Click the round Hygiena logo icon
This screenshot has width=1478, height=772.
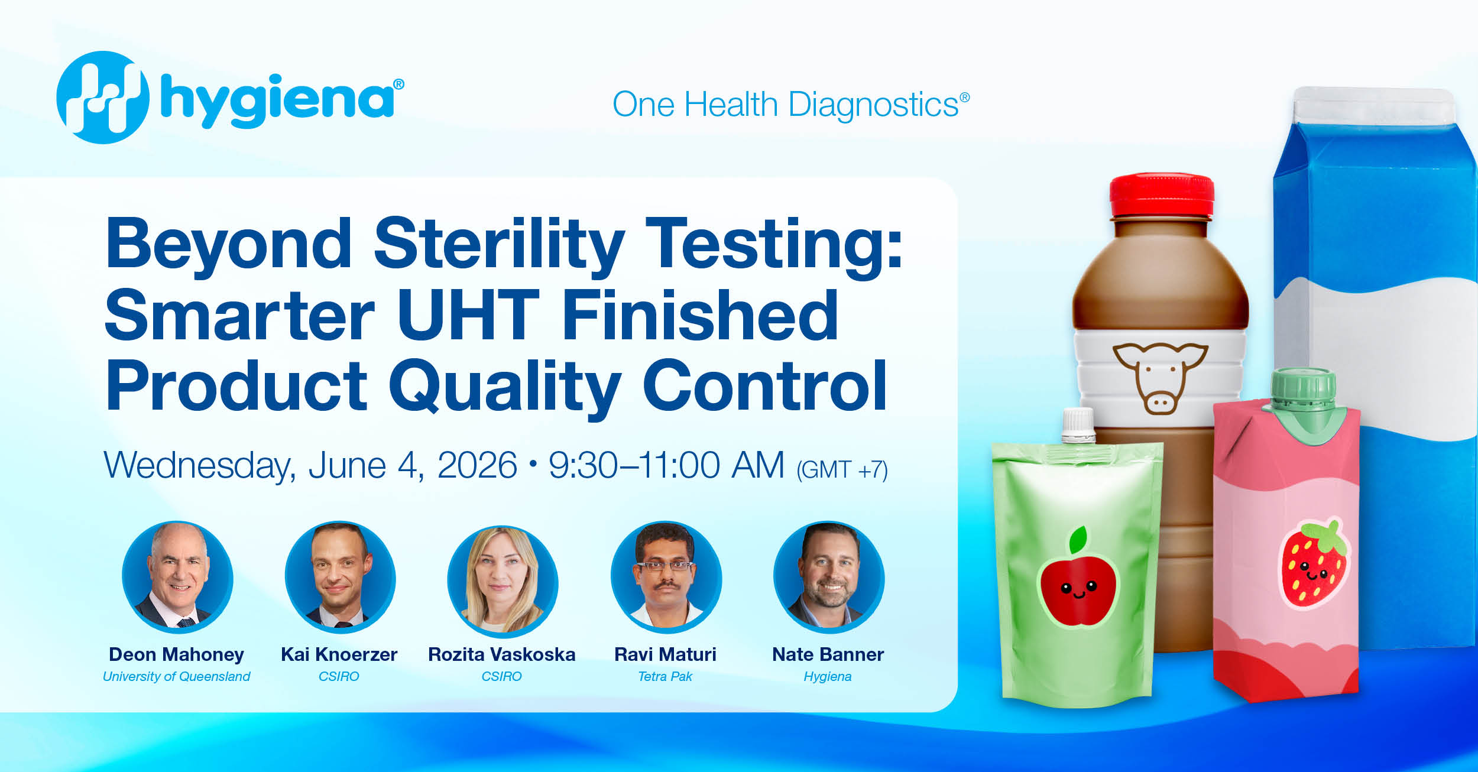[103, 98]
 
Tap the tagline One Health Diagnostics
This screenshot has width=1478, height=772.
[791, 105]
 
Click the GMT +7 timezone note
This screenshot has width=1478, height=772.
[842, 470]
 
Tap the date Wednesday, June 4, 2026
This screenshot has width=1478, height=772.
[311, 466]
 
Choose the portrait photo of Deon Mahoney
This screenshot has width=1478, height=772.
[177, 576]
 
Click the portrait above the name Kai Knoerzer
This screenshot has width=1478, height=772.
[340, 576]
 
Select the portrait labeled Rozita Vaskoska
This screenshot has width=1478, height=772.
[503, 581]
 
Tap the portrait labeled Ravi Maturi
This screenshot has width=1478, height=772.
[666, 576]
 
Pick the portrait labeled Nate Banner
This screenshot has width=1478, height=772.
[829, 576]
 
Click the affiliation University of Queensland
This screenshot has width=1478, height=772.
[177, 677]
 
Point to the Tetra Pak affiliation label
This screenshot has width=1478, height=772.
[665, 677]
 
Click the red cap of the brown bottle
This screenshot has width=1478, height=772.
[1162, 196]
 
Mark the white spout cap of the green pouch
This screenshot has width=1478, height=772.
[1078, 425]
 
